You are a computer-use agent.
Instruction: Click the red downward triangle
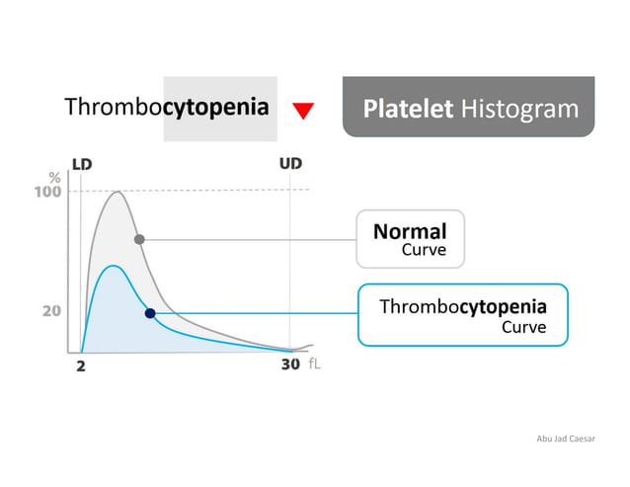[x=304, y=110]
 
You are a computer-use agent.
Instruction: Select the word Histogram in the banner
[x=520, y=108]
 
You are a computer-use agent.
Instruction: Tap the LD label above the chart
[x=84, y=163]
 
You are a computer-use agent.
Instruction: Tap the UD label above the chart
[x=289, y=163]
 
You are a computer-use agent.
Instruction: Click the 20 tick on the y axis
[x=52, y=310]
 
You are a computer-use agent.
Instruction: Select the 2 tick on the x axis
[x=81, y=365]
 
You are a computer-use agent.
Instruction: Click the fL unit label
[x=314, y=365]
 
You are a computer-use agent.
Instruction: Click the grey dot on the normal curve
[x=139, y=239]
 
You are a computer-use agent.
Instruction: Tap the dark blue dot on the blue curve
[x=150, y=313]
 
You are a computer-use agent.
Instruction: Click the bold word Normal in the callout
[x=410, y=231]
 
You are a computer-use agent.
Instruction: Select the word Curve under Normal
[x=424, y=251]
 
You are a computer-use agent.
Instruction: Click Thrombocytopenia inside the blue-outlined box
[x=463, y=306]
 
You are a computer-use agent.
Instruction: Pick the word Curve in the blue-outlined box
[x=523, y=327]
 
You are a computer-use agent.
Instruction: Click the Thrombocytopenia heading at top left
[x=166, y=107]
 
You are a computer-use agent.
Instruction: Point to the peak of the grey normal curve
[x=117, y=191]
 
